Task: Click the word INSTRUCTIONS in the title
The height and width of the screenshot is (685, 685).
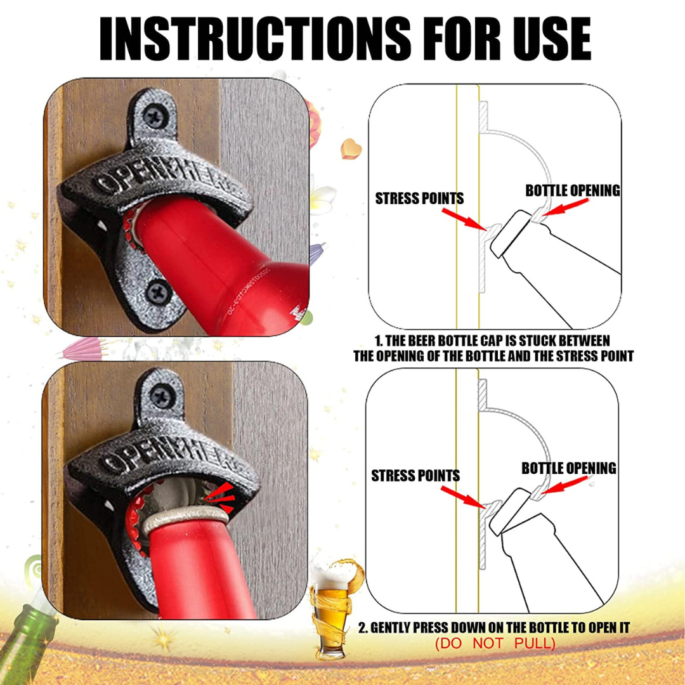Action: [x=255, y=39]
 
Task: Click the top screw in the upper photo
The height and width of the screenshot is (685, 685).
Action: [x=155, y=117]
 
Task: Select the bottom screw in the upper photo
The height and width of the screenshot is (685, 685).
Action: [x=158, y=292]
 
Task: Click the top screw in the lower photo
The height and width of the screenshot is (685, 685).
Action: [x=162, y=396]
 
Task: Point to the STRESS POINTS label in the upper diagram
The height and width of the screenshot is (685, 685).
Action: [x=419, y=199]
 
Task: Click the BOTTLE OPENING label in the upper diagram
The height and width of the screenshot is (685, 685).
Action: [x=573, y=190]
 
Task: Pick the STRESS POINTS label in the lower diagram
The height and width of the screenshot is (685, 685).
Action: [x=415, y=475]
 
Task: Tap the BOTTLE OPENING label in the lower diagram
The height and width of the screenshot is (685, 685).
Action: [x=569, y=468]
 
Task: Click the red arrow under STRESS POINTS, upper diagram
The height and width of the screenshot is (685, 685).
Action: [x=464, y=219]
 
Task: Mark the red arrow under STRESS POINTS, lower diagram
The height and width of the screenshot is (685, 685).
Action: [x=462, y=497]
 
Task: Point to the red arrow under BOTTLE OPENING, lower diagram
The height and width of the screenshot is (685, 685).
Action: [x=564, y=485]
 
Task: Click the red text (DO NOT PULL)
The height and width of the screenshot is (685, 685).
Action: [x=495, y=643]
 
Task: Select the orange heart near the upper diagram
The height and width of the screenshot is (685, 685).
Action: [x=351, y=148]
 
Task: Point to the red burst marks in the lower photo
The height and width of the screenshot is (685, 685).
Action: [x=221, y=497]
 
